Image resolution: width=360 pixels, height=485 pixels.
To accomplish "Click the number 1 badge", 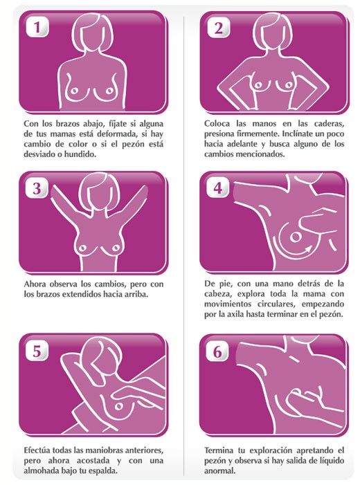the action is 37,27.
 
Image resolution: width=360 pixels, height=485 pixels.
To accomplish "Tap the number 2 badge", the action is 218,28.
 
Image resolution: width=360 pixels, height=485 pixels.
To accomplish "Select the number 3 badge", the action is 37,187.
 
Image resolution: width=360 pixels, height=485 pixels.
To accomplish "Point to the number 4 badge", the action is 217,187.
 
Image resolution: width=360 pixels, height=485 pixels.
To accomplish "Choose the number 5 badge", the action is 37,351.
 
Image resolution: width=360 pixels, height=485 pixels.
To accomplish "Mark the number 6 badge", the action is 217,351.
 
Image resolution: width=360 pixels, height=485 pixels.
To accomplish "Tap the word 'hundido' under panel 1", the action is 80,154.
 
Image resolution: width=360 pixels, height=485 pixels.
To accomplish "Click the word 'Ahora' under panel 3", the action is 35,284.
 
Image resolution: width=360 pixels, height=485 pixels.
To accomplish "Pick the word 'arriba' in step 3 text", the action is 136,294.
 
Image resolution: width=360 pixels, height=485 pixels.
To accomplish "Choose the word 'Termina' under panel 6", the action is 218,450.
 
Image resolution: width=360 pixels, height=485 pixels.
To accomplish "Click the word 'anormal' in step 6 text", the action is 219,470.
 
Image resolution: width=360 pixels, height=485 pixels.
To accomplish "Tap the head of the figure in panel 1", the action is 92,34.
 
